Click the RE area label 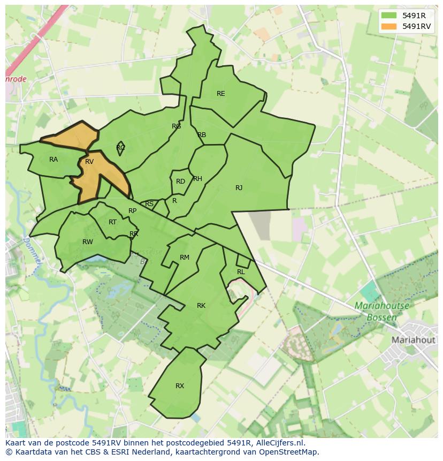click(x=220, y=94)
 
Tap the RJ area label click(x=239, y=187)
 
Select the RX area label click(x=180, y=386)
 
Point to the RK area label click(x=201, y=306)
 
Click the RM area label click(x=185, y=258)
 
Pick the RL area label click(x=241, y=272)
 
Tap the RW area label click(x=88, y=242)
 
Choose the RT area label click(x=112, y=222)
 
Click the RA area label click(x=54, y=160)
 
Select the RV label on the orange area click(x=89, y=162)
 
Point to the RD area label click(x=180, y=182)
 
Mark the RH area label click(x=197, y=179)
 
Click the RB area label click(x=202, y=135)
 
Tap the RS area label click(x=149, y=204)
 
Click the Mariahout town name click(x=414, y=340)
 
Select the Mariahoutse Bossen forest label click(x=382, y=312)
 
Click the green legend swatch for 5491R click(x=389, y=16)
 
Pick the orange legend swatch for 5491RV click(x=389, y=26)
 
